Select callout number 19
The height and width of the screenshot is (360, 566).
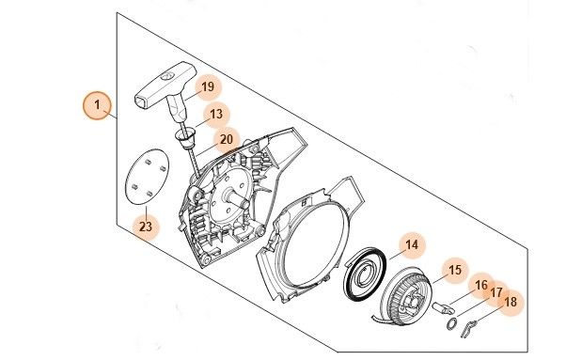click(x=208, y=87)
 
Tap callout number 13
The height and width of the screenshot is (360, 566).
click(x=216, y=115)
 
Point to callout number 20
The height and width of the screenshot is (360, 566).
click(x=226, y=140)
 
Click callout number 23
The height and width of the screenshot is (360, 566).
click(x=145, y=226)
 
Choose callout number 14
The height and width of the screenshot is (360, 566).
click(x=411, y=246)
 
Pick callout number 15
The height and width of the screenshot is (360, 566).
click(x=454, y=270)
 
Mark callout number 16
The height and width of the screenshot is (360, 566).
click(x=481, y=285)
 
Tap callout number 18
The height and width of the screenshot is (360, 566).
click(x=511, y=302)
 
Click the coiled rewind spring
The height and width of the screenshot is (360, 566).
click(x=362, y=274)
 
